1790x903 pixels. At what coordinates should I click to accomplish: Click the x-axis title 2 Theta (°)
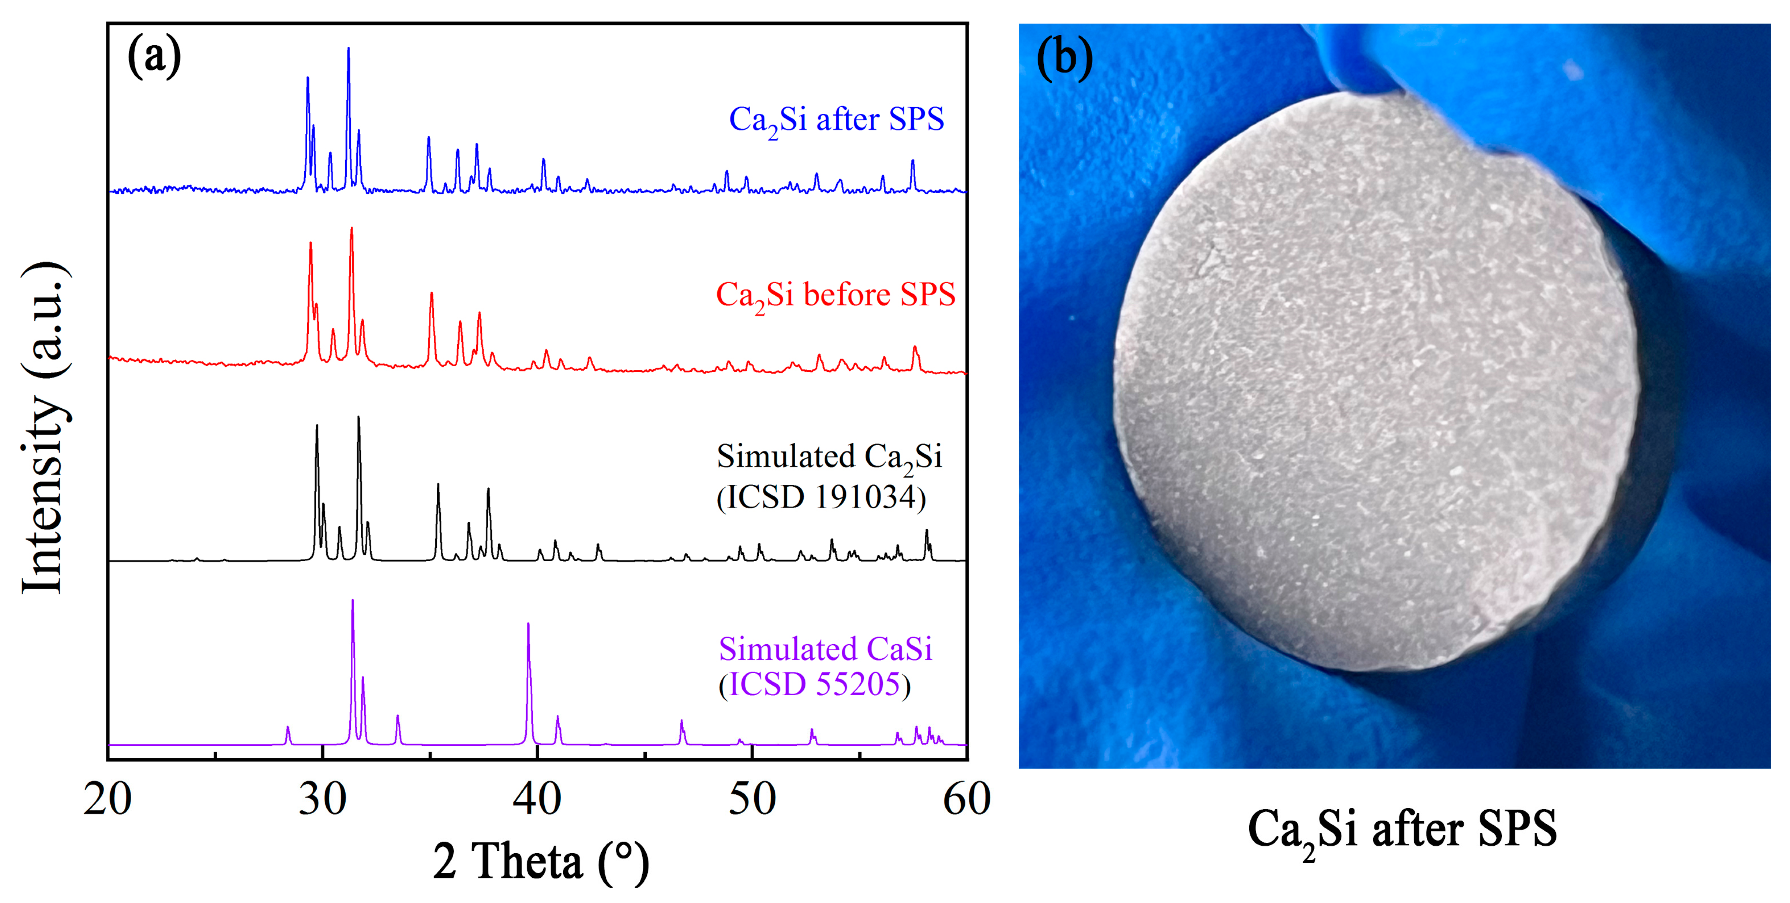tap(541, 861)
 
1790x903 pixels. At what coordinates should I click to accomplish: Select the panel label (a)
tap(154, 56)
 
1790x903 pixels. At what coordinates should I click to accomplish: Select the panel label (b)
tap(1064, 57)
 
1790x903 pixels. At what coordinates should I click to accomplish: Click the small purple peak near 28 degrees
tap(288, 728)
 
